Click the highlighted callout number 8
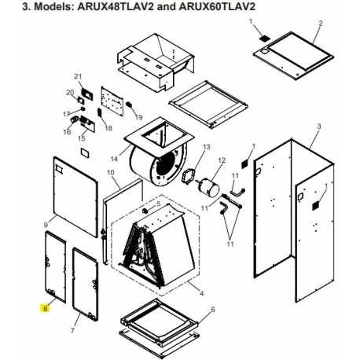click(46, 309)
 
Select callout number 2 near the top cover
click(321, 23)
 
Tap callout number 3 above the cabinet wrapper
click(319, 127)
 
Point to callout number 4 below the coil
click(201, 293)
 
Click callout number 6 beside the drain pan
click(213, 310)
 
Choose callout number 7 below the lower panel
click(72, 330)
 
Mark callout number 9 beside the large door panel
click(46, 225)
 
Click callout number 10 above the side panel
click(111, 173)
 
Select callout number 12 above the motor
click(222, 160)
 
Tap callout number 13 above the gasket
click(207, 147)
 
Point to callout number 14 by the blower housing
click(114, 159)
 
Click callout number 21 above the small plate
click(78, 76)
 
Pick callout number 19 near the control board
click(139, 117)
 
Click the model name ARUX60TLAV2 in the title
click(217, 6)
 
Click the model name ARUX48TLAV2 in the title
click(116, 6)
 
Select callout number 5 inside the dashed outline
click(158, 204)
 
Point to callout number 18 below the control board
click(108, 128)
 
